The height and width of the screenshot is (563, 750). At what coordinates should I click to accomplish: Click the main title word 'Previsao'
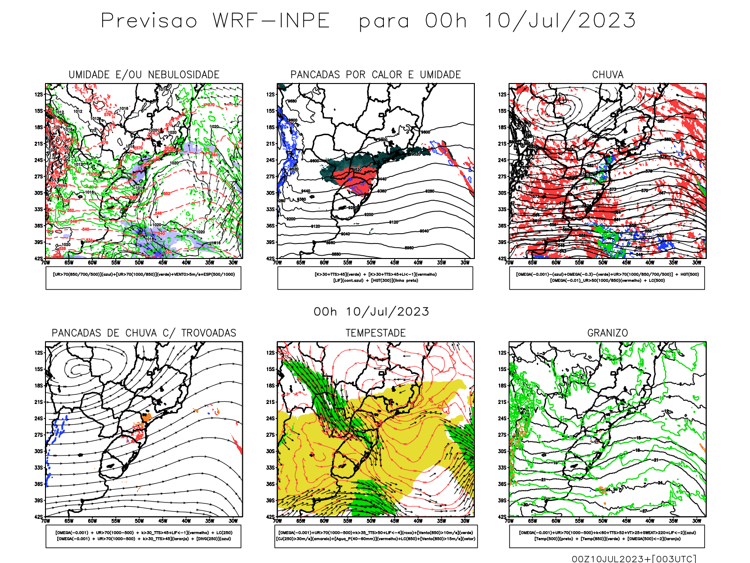(149, 21)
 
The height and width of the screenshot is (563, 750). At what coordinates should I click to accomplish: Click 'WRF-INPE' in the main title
(271, 21)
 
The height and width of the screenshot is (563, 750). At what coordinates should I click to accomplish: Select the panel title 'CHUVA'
(607, 75)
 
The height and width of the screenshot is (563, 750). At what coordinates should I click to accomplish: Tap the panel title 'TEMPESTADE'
(375, 333)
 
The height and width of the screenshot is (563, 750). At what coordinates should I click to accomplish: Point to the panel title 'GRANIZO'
(607, 333)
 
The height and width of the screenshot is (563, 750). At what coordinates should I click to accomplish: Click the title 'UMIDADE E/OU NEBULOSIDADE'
(144, 75)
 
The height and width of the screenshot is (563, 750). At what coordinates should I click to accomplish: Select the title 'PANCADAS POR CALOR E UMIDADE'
(375, 75)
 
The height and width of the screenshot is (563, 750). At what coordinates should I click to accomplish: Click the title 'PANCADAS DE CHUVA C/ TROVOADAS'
(144, 333)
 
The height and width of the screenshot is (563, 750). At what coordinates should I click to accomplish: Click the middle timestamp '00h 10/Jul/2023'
(371, 312)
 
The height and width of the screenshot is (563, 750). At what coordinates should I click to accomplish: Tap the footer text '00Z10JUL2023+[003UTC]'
(634, 559)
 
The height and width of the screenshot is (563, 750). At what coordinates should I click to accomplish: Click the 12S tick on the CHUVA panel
(502, 94)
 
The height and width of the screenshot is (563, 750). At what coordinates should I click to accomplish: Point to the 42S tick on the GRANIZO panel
(502, 517)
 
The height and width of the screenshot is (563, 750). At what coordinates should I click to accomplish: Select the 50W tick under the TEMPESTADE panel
(371, 521)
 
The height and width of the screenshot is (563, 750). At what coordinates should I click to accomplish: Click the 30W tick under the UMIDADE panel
(233, 263)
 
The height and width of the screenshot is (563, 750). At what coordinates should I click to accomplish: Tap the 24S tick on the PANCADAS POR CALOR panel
(270, 160)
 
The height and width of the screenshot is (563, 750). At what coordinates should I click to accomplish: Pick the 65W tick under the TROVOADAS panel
(69, 521)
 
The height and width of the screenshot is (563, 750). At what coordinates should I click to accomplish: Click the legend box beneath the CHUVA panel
(607, 278)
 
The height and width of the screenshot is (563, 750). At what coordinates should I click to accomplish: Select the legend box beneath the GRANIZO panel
(607, 536)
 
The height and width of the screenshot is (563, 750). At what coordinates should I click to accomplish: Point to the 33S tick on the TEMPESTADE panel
(270, 468)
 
